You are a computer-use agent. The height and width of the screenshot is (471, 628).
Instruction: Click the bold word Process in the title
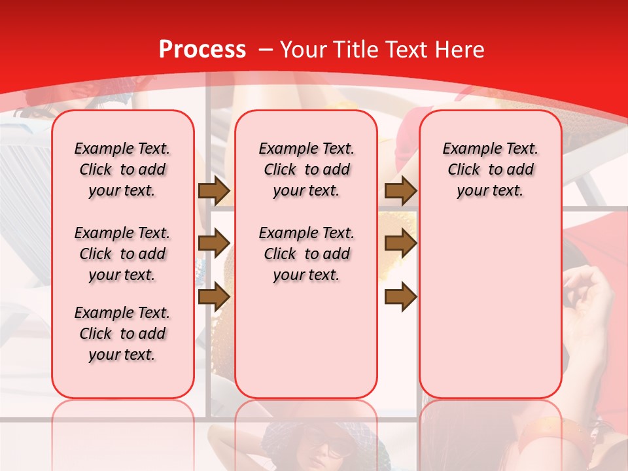pyautogui.click(x=202, y=50)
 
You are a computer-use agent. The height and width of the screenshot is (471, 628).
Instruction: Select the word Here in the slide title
pyautogui.click(x=460, y=50)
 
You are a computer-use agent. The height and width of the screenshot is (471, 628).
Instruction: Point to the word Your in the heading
pyautogui.click(x=304, y=50)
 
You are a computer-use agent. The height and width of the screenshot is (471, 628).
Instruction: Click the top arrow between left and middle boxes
pyautogui.click(x=214, y=191)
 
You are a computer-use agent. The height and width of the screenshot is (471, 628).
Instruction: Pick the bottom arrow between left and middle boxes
pyautogui.click(x=214, y=296)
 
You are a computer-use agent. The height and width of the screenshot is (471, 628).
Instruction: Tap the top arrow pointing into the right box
pyautogui.click(x=400, y=191)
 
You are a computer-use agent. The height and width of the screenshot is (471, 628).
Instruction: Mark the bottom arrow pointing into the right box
pyautogui.click(x=400, y=296)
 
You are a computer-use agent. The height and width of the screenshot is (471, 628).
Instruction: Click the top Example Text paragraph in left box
pyautogui.click(x=122, y=169)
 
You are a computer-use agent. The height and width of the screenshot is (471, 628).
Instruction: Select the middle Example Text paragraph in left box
pyautogui.click(x=122, y=254)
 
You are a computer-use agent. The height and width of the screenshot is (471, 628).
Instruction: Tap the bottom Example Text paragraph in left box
pyautogui.click(x=122, y=334)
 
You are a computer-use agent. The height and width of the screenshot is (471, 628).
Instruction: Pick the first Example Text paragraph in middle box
pyautogui.click(x=306, y=169)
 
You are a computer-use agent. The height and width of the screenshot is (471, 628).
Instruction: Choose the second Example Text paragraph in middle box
pyautogui.click(x=306, y=254)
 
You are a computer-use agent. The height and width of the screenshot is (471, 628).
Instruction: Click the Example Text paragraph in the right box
pyautogui.click(x=490, y=169)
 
